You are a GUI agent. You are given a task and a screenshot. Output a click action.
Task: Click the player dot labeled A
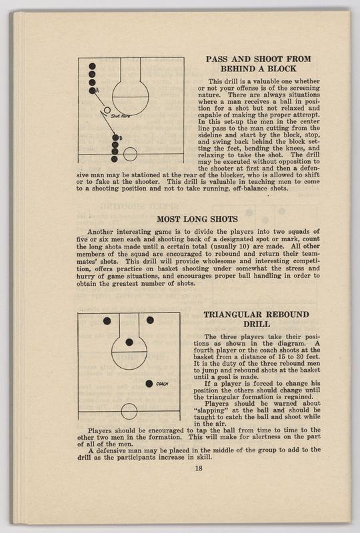pyautogui.click(x=92, y=91)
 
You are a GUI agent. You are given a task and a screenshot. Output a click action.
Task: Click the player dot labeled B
pyautogui.click(x=115, y=138)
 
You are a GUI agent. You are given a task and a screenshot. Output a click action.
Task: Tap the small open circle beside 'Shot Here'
pyautogui.click(x=107, y=110)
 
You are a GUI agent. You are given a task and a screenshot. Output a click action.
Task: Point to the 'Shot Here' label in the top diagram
pyautogui.click(x=121, y=116)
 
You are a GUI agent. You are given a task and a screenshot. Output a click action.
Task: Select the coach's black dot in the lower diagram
pyautogui.click(x=149, y=384)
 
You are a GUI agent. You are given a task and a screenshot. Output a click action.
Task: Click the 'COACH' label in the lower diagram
pyautogui.click(x=162, y=384)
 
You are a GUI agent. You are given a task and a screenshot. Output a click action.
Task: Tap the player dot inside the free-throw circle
pyautogui.click(x=129, y=342)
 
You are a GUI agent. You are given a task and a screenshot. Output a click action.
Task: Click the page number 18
pyautogui.click(x=199, y=468)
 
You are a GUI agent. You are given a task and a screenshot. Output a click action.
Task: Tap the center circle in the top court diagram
pyautogui.click(x=130, y=154)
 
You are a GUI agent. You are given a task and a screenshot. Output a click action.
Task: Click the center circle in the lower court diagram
pyautogui.click(x=129, y=411)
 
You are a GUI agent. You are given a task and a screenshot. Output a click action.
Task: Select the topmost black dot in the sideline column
pyautogui.click(x=92, y=66)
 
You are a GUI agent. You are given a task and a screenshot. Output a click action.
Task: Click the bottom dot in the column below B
pyautogui.click(x=114, y=159)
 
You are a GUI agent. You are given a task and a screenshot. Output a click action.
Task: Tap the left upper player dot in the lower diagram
pyautogui.click(x=107, y=321)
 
